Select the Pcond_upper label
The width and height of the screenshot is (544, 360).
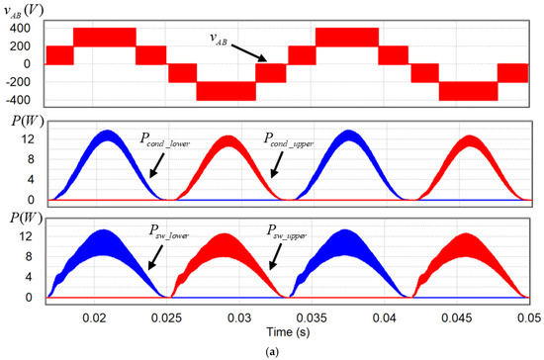click(x=287, y=142)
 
